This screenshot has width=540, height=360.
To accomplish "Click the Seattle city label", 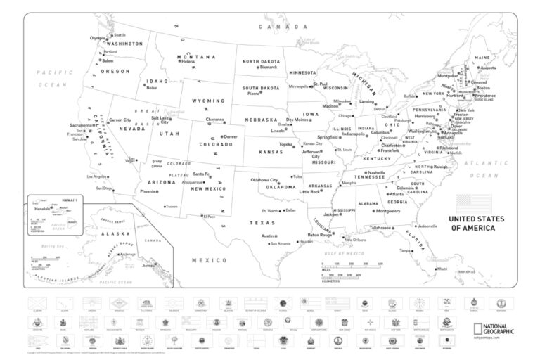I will [x=120, y=34].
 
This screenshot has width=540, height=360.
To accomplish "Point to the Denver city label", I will [x=231, y=136].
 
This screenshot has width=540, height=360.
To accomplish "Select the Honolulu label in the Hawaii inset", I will [x=42, y=208].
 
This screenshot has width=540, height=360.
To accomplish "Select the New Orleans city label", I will [x=355, y=240].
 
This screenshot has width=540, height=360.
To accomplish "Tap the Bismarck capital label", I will [x=269, y=67].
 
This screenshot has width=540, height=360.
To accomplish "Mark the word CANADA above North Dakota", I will [x=274, y=26].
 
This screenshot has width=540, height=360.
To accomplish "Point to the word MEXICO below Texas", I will [x=210, y=260].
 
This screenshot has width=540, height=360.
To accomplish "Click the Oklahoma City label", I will [x=264, y=179].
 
